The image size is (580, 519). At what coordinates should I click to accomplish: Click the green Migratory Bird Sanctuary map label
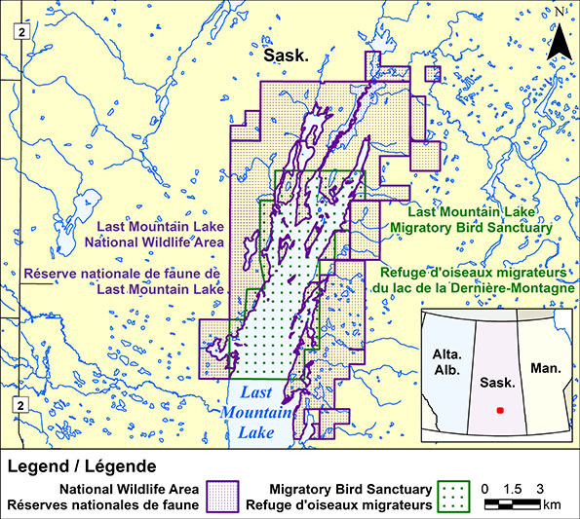pos(480,219)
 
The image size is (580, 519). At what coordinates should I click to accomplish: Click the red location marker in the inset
pos(500,411)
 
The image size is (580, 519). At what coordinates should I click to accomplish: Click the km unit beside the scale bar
pos(553,505)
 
